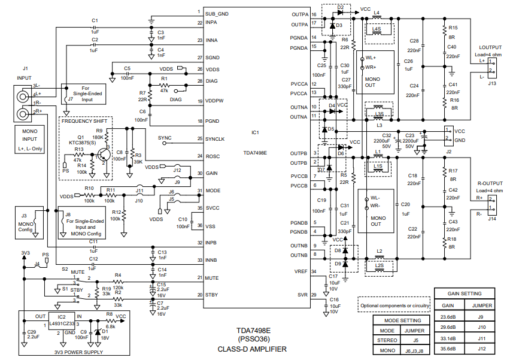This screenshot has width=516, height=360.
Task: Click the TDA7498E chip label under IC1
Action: tap(256, 153)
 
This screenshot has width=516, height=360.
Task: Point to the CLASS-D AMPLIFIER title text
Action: tap(252, 349)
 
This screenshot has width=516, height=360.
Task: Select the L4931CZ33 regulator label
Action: tap(62, 322)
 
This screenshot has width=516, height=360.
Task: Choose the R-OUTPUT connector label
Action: tap(490, 183)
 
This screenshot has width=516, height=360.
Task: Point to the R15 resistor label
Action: tap(453, 28)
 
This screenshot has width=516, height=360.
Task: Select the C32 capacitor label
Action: tap(386, 136)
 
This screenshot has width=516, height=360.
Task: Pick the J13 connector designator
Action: tap(491, 83)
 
